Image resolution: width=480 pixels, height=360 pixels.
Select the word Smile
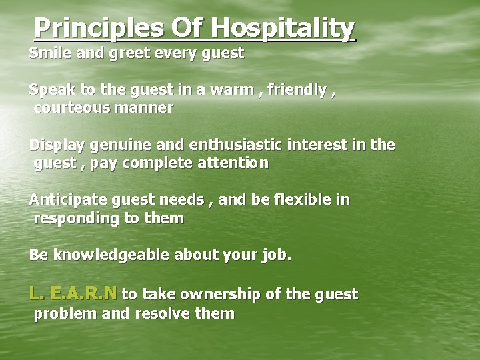point(51,53)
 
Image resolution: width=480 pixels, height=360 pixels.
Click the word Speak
point(51,90)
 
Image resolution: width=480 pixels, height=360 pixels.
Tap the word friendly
point(297,89)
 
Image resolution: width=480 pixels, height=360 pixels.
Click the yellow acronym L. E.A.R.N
point(73,293)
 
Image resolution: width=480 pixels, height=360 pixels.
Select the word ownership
point(234,294)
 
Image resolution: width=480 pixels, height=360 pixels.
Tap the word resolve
point(162,313)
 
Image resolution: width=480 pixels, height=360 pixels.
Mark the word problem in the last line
point(65,314)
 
